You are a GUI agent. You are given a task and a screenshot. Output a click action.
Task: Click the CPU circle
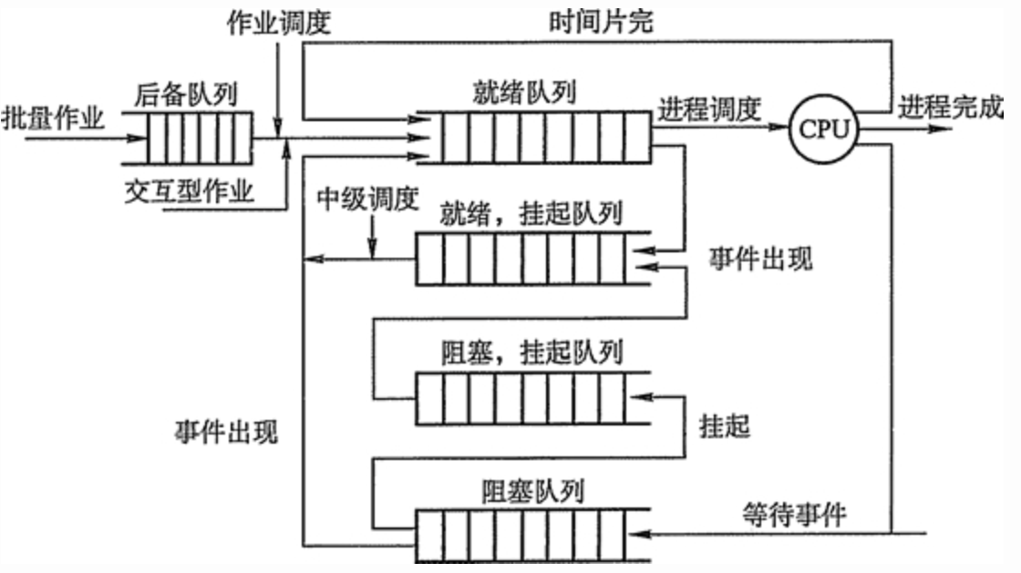[x=824, y=130]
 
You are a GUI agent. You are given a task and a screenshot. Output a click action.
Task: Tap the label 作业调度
[x=278, y=22]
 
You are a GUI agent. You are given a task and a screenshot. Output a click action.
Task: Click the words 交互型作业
[x=190, y=192]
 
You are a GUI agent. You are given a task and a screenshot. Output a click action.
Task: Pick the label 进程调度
[x=709, y=109]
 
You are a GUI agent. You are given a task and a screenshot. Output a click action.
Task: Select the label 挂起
[x=725, y=426]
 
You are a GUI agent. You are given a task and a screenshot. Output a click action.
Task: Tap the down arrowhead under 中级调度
[x=373, y=251]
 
